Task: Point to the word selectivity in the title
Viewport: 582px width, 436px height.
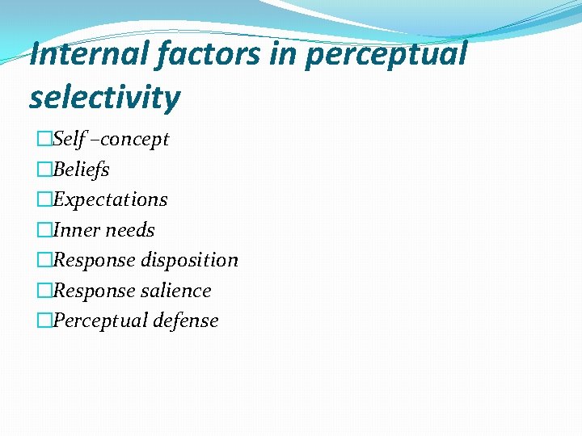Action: pos(104,98)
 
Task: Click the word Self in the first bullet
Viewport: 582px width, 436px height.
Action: pos(69,139)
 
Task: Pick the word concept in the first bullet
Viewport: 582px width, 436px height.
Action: pos(135,140)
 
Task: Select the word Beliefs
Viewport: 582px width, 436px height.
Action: pos(81,170)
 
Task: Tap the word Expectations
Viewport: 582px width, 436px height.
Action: pos(110,199)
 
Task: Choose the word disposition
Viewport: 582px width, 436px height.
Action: pos(190,260)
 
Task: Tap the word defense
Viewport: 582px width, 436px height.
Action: pos(188,321)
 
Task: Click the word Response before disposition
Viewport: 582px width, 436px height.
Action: pos(95,260)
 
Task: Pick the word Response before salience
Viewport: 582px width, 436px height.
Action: pos(95,291)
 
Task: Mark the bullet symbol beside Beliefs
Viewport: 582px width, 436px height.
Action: pos(44,170)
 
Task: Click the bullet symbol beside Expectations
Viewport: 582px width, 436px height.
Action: pos(44,199)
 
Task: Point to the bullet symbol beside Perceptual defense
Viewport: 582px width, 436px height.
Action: pos(44,321)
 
